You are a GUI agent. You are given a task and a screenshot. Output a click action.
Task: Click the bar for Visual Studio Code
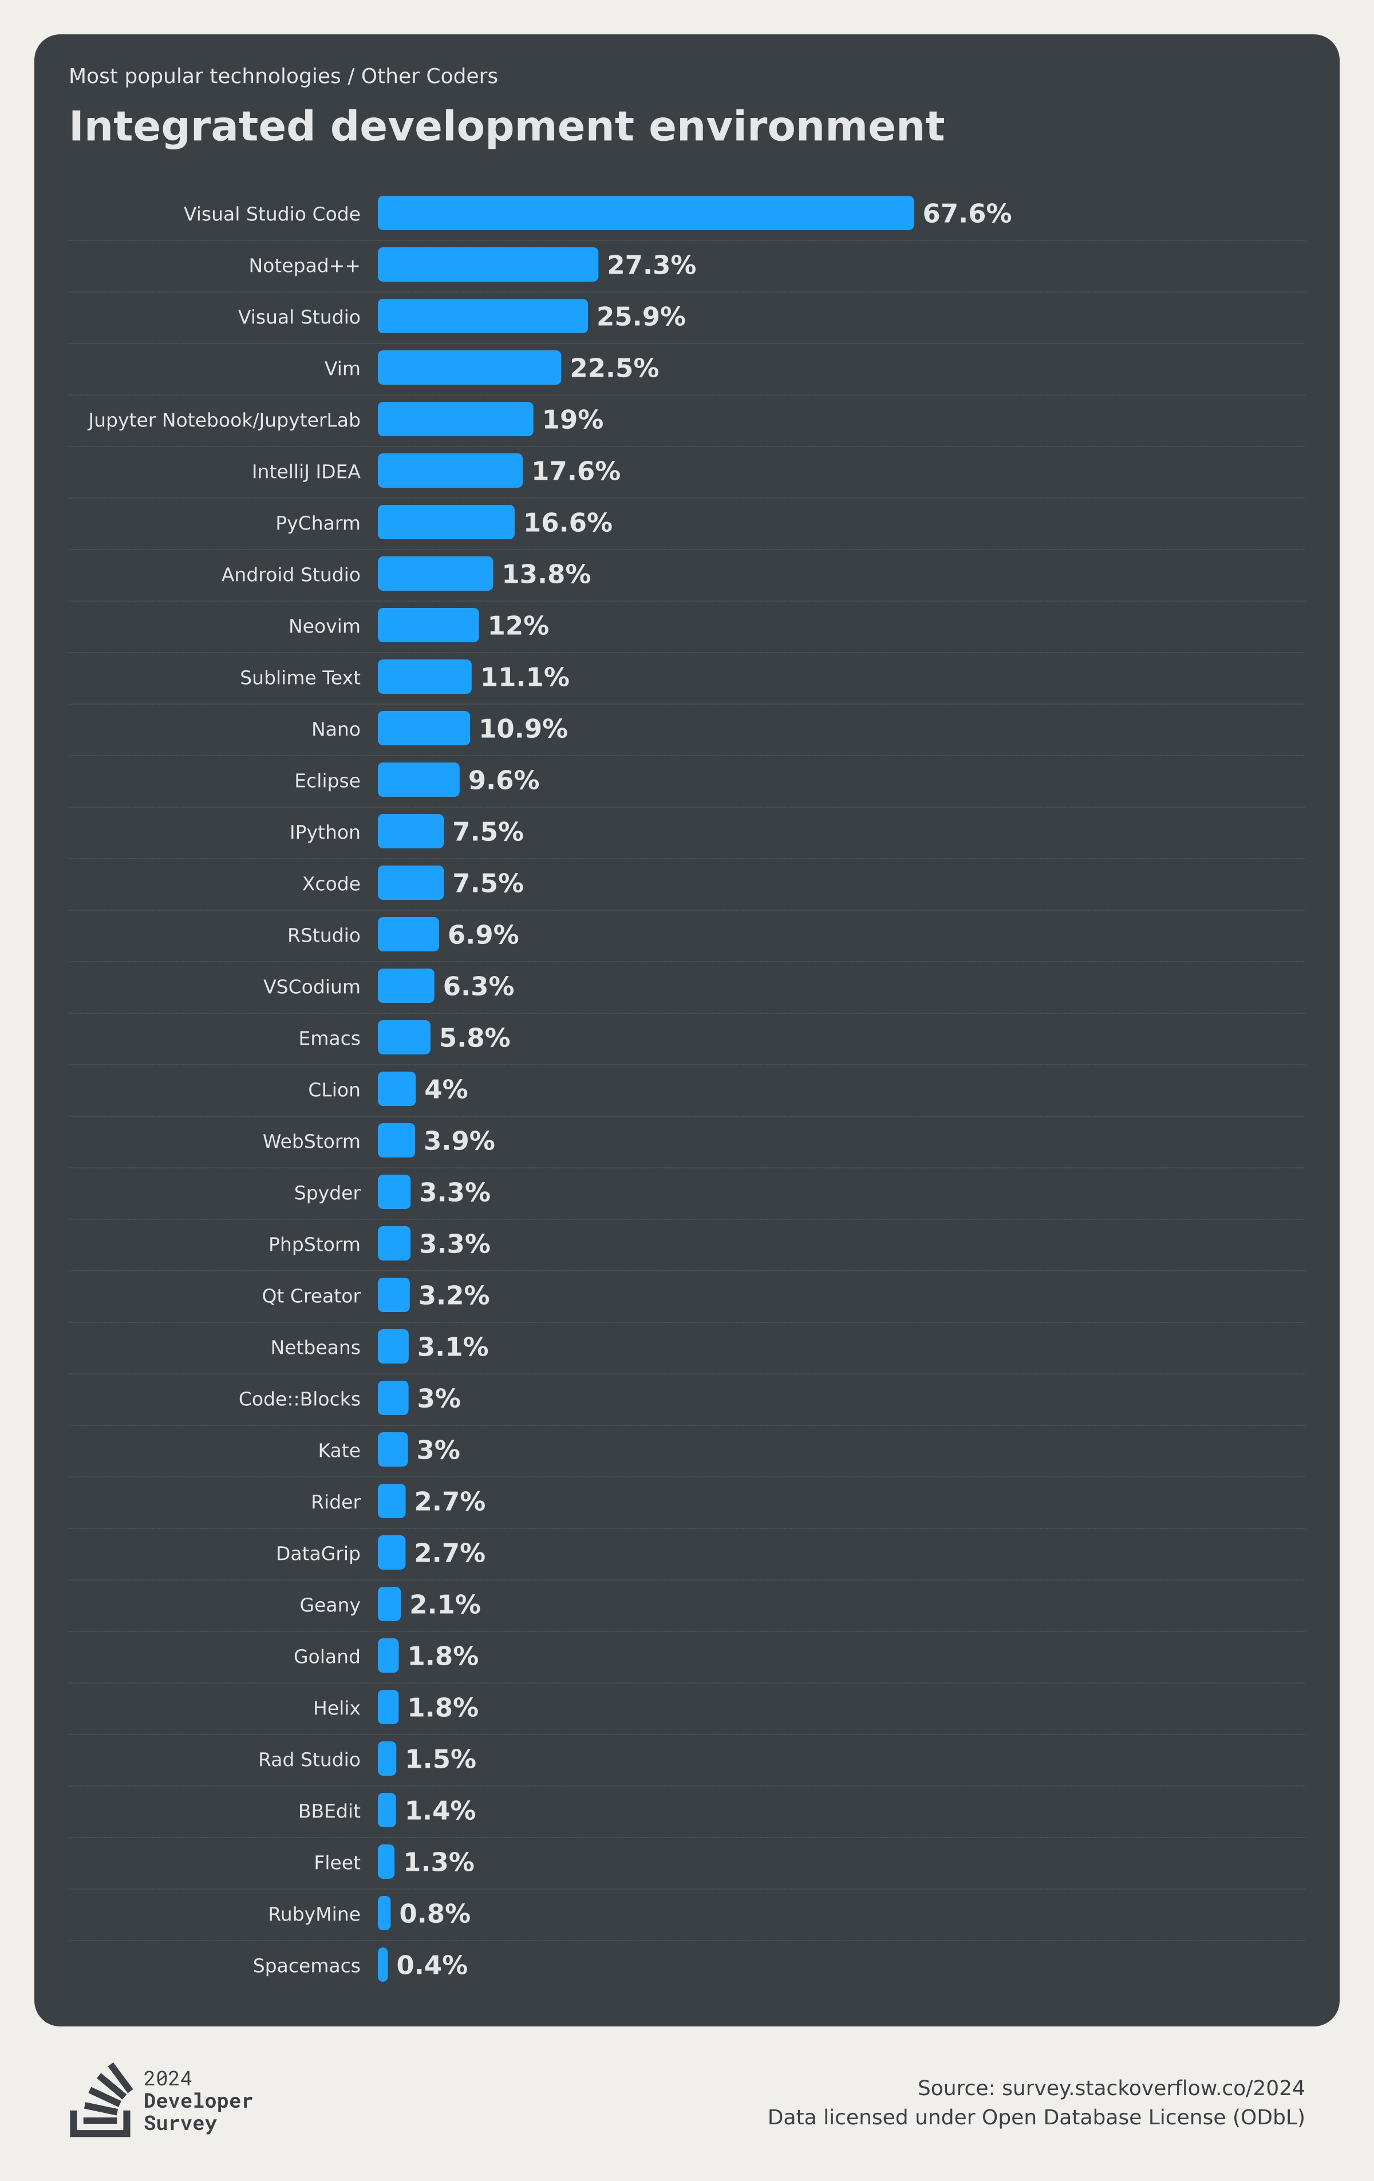pyautogui.click(x=645, y=213)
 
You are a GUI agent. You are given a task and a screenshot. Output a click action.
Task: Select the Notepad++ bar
pyautogui.click(x=487, y=264)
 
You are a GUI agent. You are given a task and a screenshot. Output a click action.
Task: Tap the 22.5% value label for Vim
pyautogui.click(x=614, y=368)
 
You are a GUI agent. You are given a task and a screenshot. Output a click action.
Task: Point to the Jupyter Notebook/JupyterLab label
pyautogui.click(x=224, y=420)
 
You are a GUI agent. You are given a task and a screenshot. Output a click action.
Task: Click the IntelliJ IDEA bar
pyautogui.click(x=450, y=471)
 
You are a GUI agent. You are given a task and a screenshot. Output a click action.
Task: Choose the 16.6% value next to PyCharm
pyautogui.click(x=568, y=523)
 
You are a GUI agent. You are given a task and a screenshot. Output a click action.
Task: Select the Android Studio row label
pyautogui.click(x=291, y=574)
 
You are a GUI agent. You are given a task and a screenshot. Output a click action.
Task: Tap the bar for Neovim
pyautogui.click(x=428, y=625)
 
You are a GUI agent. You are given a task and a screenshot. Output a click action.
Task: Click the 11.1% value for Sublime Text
pyautogui.click(x=524, y=677)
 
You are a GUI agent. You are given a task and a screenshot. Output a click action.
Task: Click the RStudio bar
pyautogui.click(x=408, y=935)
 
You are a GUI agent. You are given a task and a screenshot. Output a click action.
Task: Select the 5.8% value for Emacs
pyautogui.click(x=475, y=1037)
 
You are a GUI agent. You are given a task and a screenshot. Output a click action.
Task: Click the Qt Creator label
pyautogui.click(x=311, y=1296)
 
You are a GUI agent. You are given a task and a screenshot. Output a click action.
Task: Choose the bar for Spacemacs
pyautogui.click(x=383, y=1965)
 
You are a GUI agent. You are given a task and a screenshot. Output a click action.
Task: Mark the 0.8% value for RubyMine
pyautogui.click(x=435, y=1913)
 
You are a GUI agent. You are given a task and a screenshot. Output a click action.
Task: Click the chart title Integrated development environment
pyautogui.click(x=506, y=126)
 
